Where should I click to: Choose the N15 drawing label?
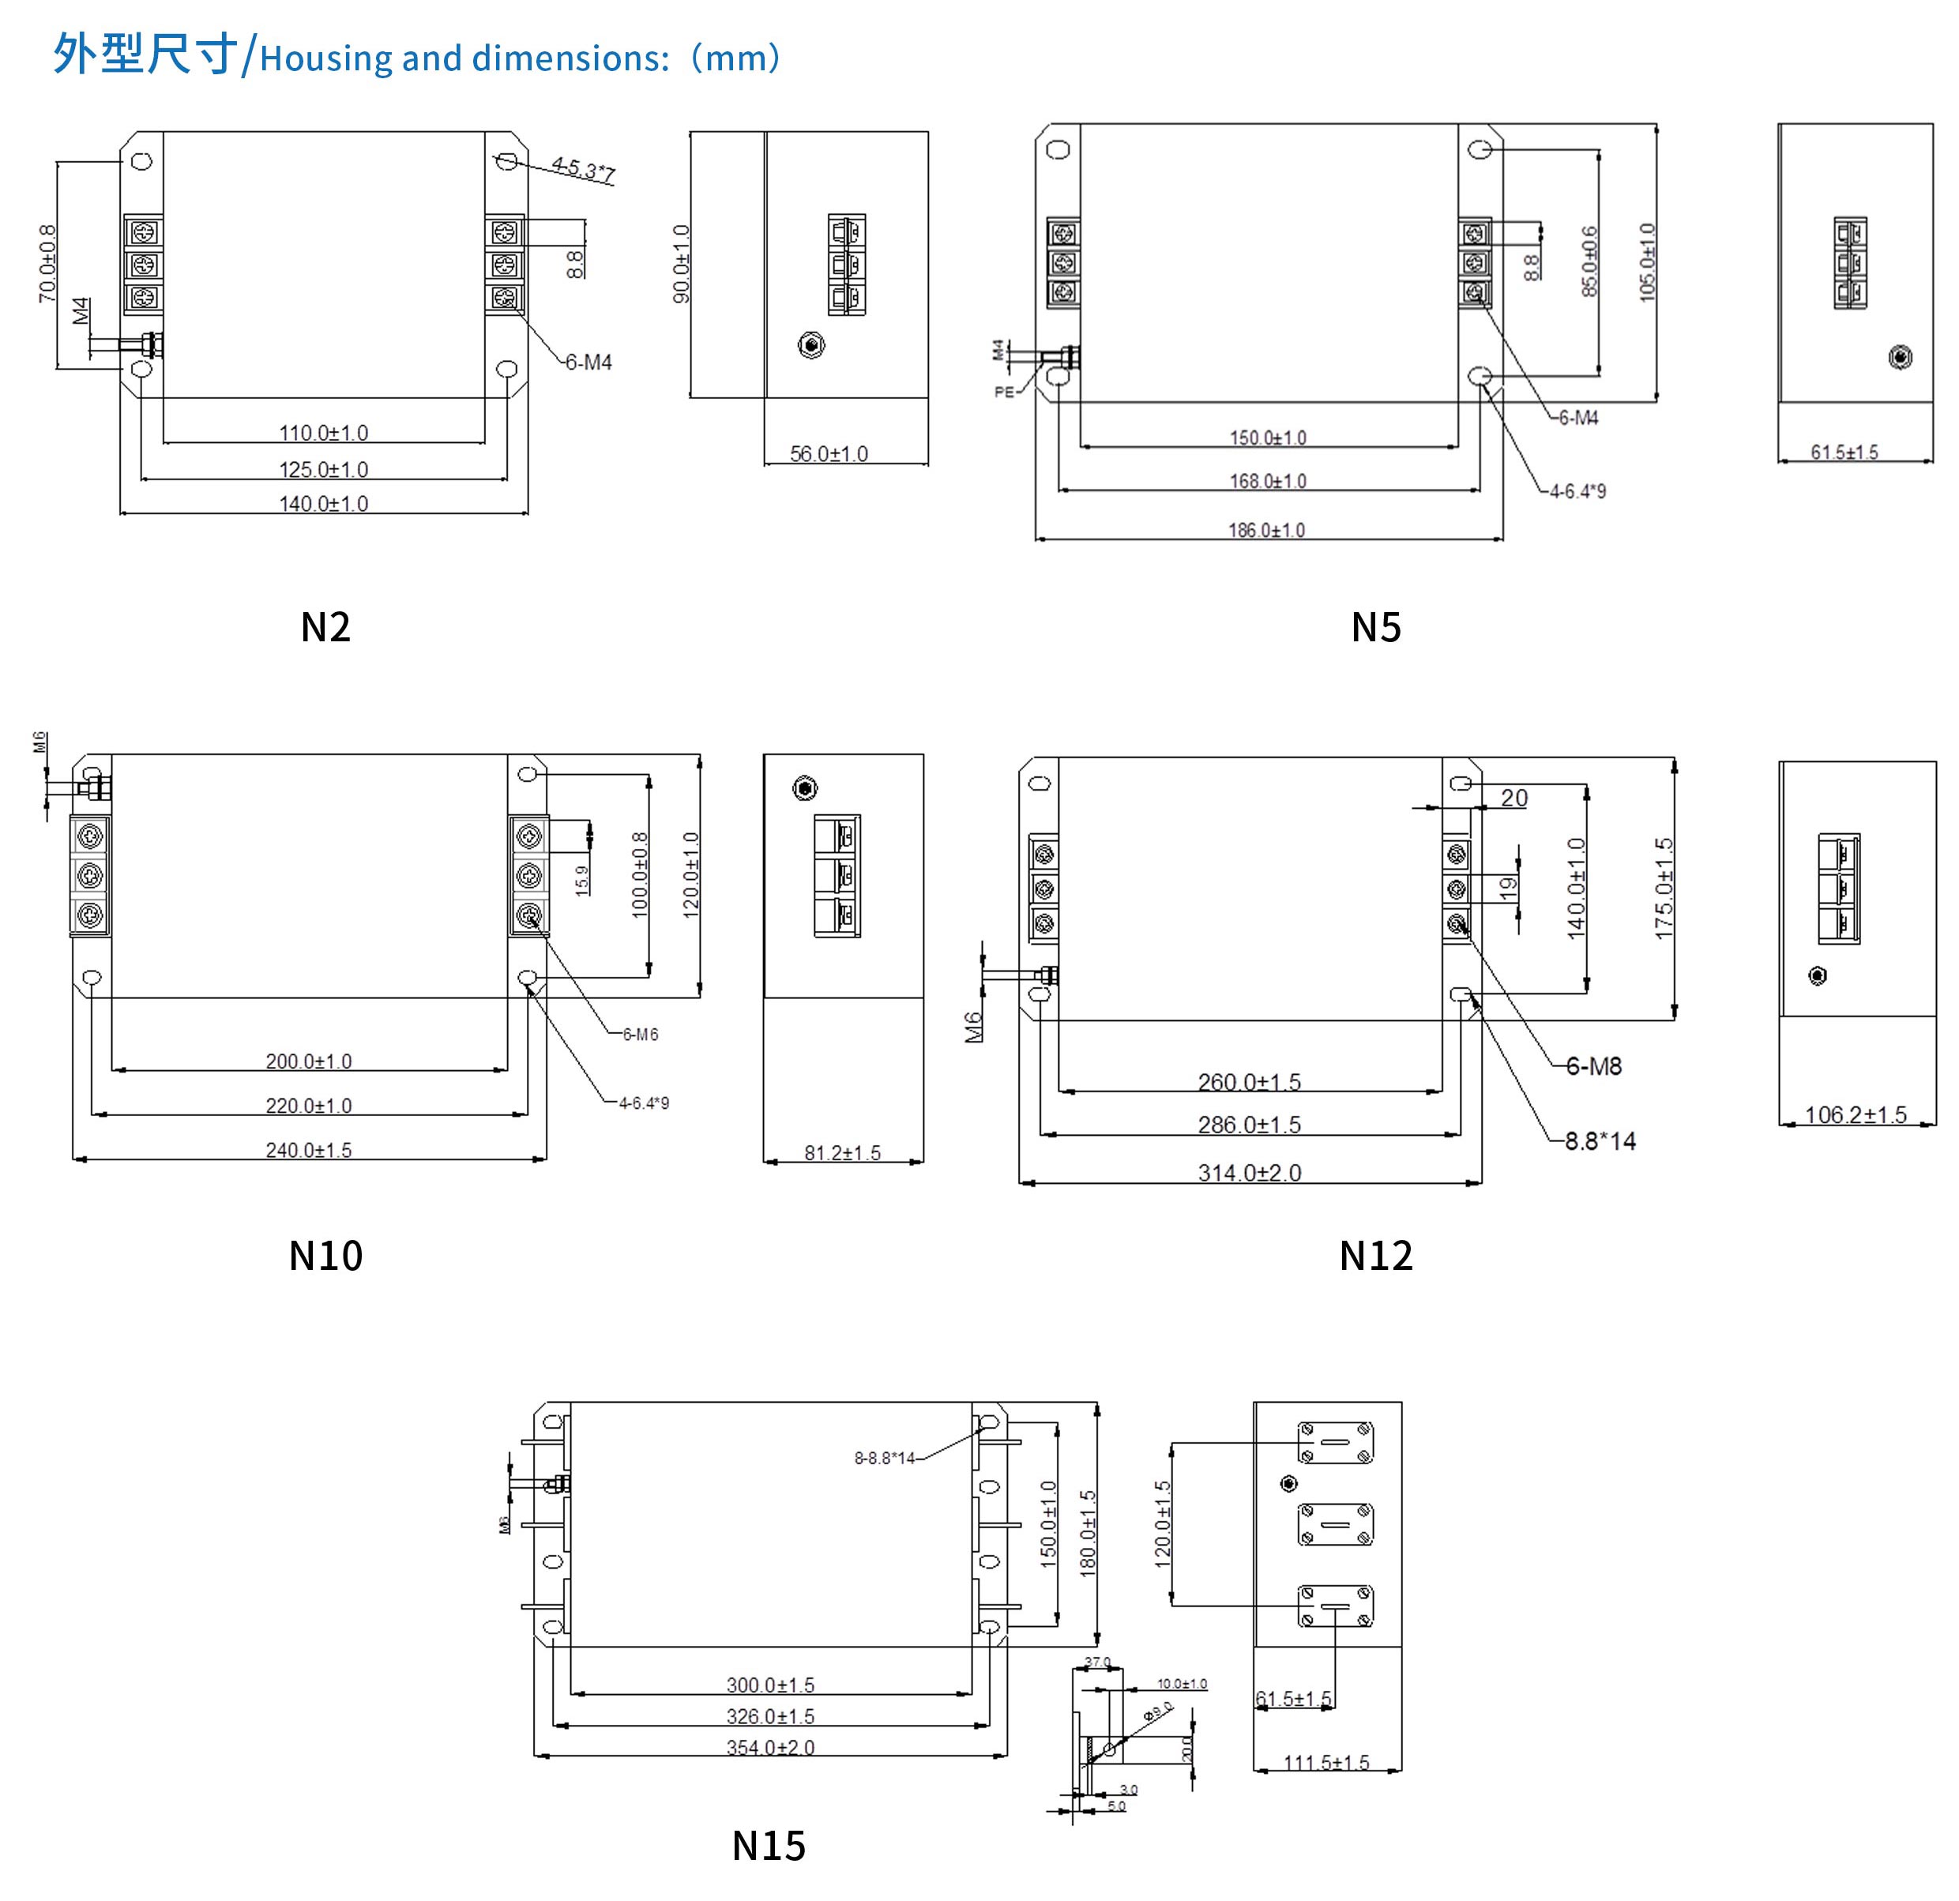(768, 1846)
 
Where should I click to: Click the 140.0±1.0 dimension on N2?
(323, 504)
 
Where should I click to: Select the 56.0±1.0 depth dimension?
(829, 454)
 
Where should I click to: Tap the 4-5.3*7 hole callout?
(583, 169)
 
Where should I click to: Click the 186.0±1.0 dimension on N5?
(1266, 530)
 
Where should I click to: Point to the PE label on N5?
(1003, 392)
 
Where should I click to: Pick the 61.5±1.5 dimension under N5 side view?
(1844, 452)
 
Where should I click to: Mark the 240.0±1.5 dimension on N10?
(308, 1151)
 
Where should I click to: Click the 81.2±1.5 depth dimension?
(843, 1153)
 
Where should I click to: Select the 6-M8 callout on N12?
(1593, 1066)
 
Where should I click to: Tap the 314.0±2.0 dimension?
(1250, 1174)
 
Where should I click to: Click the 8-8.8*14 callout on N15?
(885, 1458)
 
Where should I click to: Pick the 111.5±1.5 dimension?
(1326, 1763)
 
